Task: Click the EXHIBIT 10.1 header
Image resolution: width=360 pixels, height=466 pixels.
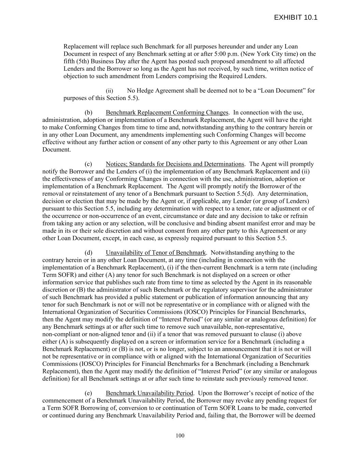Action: (x=296, y=17)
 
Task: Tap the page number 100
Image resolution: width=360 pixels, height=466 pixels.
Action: (x=180, y=435)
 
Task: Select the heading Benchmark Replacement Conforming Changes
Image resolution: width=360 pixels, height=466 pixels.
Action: (x=167, y=113)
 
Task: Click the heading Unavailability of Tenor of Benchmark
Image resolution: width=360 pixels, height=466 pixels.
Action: (x=156, y=253)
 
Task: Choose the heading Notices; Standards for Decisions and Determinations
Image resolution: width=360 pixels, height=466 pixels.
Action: (x=175, y=164)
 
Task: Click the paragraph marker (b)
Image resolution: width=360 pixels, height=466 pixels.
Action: (x=88, y=113)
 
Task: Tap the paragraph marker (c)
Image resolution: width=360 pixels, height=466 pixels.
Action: (x=88, y=164)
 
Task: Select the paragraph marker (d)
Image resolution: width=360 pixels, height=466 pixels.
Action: (x=88, y=253)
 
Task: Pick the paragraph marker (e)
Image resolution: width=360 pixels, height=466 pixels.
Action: (x=88, y=393)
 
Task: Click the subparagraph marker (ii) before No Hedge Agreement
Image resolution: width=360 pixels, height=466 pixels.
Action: (x=109, y=91)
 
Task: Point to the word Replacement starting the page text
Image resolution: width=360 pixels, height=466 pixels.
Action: (x=81, y=46)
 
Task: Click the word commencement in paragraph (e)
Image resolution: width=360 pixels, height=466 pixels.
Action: (x=65, y=400)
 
